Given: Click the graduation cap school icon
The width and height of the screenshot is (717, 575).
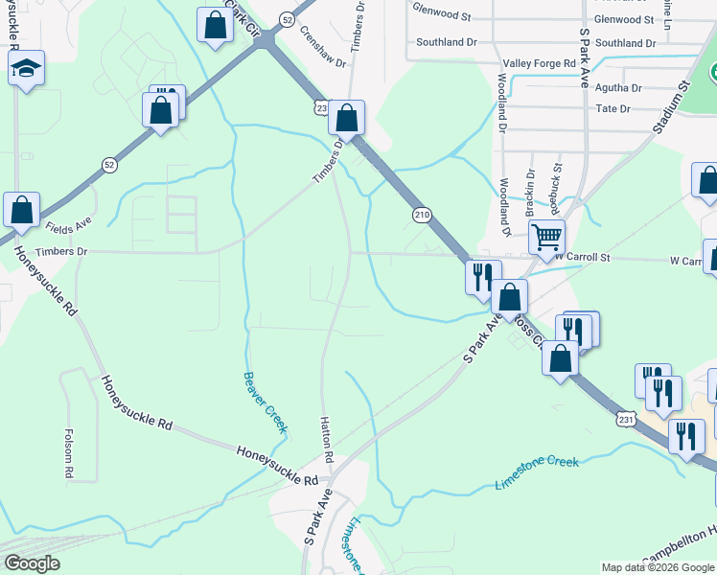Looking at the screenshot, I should coord(26,68).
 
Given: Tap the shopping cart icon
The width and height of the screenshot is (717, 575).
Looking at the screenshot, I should coord(546,236).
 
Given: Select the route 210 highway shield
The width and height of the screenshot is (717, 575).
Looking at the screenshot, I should coord(422,215).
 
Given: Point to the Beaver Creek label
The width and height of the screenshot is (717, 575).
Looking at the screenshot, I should coord(265,402).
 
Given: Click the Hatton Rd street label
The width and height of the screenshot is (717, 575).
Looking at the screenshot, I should coord(326,441).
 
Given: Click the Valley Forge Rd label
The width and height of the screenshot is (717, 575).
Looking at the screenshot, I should coord(540,63).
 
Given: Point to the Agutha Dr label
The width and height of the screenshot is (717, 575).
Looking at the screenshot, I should coord(618,87).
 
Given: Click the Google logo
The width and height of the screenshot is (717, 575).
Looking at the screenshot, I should coord(33,563).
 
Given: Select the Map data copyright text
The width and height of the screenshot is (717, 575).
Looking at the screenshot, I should coord(658,567).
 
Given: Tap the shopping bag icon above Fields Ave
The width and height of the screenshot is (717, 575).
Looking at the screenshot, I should coord(21,209).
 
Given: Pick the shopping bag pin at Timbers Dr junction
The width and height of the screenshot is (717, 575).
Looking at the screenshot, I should coord(347,118).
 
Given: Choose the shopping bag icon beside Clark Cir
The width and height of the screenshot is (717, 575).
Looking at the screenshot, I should coord(215,26).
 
